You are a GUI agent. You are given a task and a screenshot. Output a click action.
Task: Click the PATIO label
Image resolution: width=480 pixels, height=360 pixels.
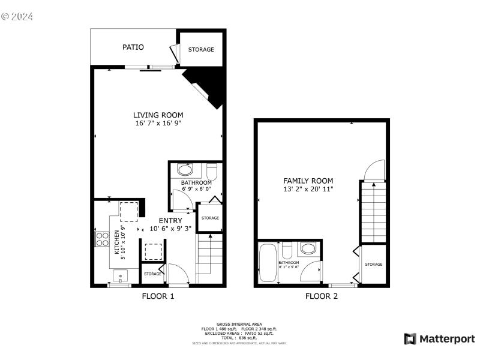pyautogui.click(x=133, y=47)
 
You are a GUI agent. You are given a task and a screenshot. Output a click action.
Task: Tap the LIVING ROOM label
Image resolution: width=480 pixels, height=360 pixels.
pyautogui.click(x=158, y=115)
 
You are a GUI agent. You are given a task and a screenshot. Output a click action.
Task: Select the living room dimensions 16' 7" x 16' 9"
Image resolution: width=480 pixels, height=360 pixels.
pyautogui.click(x=158, y=123)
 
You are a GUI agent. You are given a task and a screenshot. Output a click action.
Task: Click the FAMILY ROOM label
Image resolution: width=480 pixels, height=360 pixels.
pyautogui.click(x=308, y=181)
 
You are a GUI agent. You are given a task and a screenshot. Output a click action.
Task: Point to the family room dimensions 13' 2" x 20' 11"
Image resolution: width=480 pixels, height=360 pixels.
pyautogui.click(x=308, y=189)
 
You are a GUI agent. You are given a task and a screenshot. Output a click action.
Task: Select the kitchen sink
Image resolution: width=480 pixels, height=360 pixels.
pyautogui.click(x=120, y=277)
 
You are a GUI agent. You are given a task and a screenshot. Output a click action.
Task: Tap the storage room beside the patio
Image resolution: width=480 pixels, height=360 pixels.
pyautogui.click(x=201, y=49)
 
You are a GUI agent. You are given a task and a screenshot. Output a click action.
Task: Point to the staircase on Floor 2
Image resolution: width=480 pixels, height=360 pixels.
pyautogui.click(x=373, y=211)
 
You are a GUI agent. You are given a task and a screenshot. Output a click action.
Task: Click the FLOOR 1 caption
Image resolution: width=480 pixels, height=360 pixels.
pyautogui.click(x=158, y=296)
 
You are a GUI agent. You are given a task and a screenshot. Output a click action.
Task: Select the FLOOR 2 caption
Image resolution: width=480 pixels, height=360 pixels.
pyautogui.click(x=322, y=296)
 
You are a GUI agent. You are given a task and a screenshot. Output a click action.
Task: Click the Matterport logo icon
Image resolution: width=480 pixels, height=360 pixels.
pyautogui.click(x=410, y=339)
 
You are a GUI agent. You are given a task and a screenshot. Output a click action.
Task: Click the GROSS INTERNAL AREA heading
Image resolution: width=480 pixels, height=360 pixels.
pyautogui.click(x=239, y=324)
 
